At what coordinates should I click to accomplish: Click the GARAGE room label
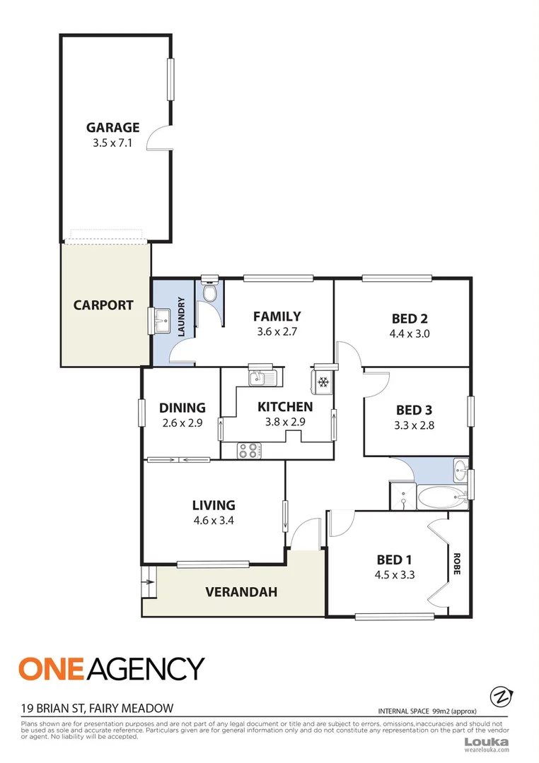(x=112, y=128)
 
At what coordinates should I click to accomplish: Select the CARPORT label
(x=103, y=306)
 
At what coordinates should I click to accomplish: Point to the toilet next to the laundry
(x=209, y=290)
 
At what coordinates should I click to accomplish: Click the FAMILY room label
(x=277, y=317)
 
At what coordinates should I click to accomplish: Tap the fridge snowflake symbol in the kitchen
(x=323, y=383)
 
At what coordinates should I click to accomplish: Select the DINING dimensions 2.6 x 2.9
(x=182, y=424)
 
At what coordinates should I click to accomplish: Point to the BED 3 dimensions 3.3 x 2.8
(x=414, y=425)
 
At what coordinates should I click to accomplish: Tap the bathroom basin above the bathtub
(x=460, y=468)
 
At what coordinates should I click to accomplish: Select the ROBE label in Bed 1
(x=458, y=563)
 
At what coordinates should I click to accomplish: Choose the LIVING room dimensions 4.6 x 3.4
(x=214, y=521)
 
